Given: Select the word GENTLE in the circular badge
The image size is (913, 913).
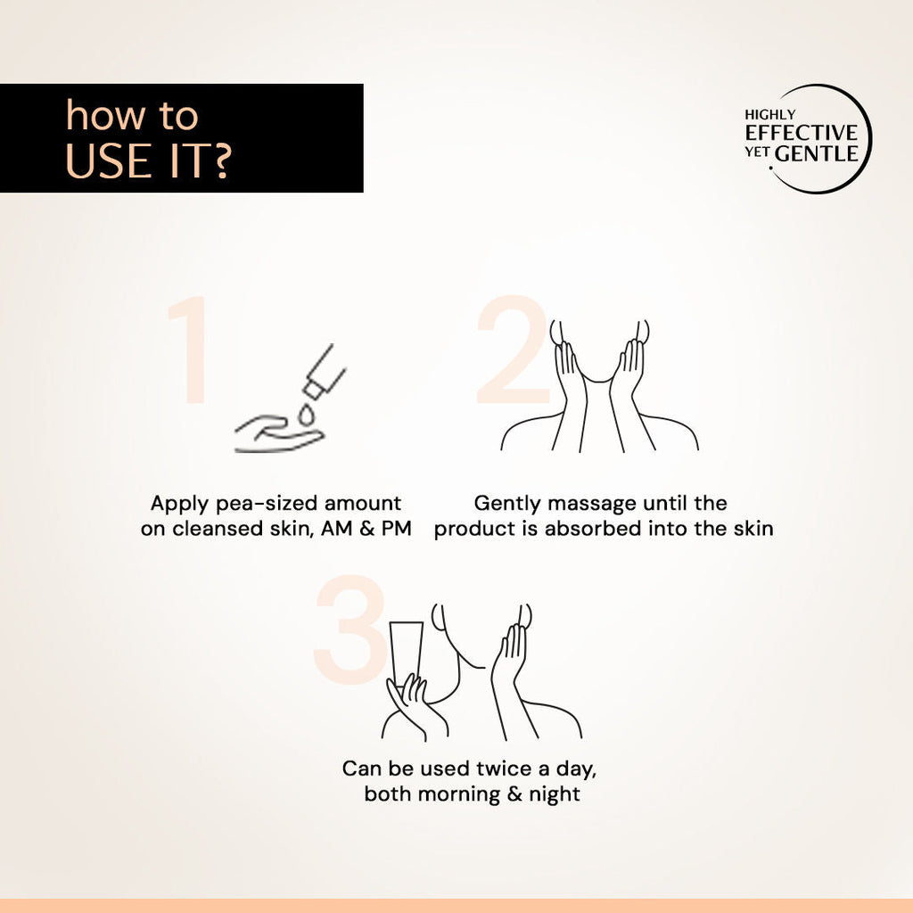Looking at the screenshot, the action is click(x=817, y=153).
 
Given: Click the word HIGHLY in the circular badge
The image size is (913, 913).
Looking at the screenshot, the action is click(x=769, y=115).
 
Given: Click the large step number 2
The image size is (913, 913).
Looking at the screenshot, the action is click(x=513, y=349).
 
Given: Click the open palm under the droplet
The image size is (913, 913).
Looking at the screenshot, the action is click(x=278, y=434).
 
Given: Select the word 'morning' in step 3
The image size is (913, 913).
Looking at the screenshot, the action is click(x=459, y=794).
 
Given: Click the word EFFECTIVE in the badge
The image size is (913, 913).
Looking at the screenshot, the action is click(x=802, y=133).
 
